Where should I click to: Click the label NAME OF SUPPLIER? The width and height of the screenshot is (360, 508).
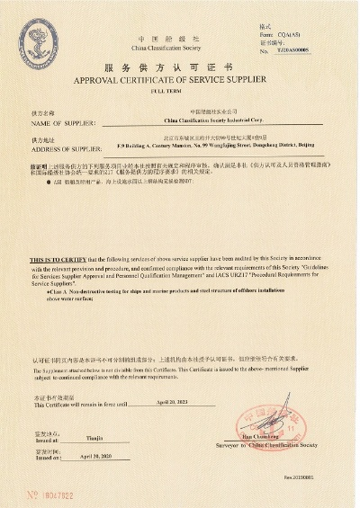(57, 122)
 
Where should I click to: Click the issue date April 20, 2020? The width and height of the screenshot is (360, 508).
(101, 457)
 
